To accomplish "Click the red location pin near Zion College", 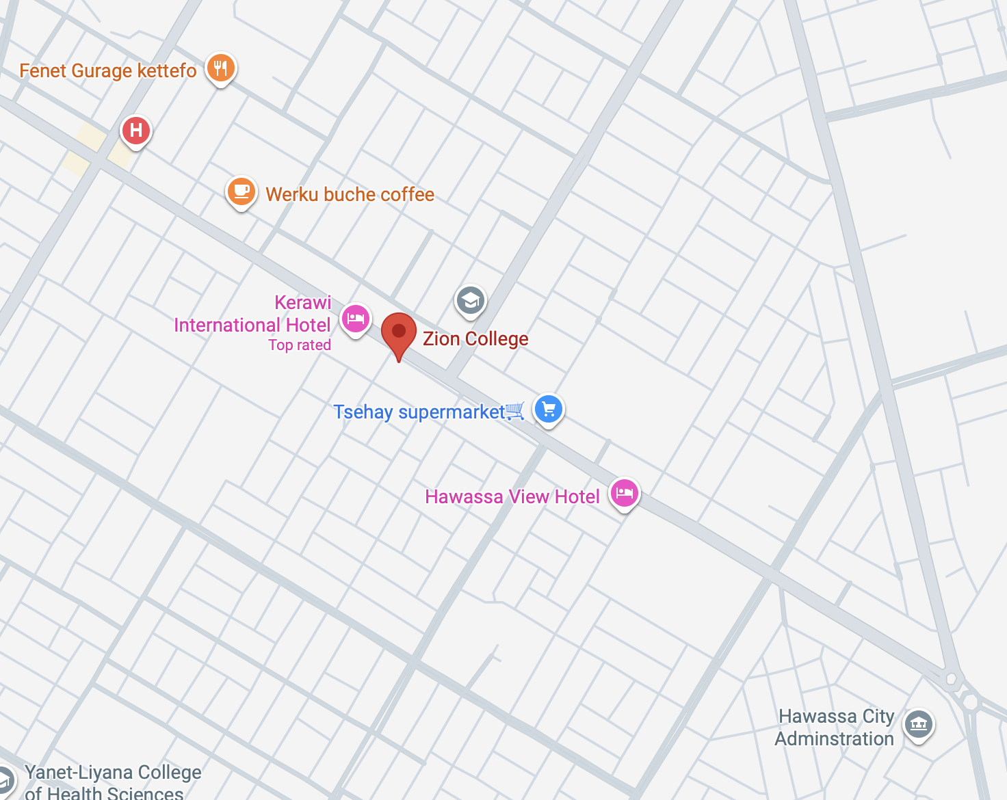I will click(x=398, y=333).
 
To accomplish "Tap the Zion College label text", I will click(x=475, y=338).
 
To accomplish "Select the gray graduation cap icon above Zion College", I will click(x=470, y=300).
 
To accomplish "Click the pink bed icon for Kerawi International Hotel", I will click(x=355, y=319).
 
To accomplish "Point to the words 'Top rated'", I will click(x=299, y=345).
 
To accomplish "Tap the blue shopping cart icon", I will click(x=548, y=409).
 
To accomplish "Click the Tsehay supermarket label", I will click(x=419, y=412).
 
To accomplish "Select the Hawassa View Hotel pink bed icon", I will click(x=624, y=493).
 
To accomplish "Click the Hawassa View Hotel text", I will click(x=512, y=497).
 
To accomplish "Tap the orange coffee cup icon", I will click(x=241, y=191).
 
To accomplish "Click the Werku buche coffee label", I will click(x=350, y=195).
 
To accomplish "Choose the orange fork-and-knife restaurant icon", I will click(x=220, y=68).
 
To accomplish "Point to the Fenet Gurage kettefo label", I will click(x=107, y=71).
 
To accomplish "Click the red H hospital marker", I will click(x=135, y=129).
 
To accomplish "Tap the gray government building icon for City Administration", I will click(x=918, y=723).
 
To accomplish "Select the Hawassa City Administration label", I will click(x=835, y=728).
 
